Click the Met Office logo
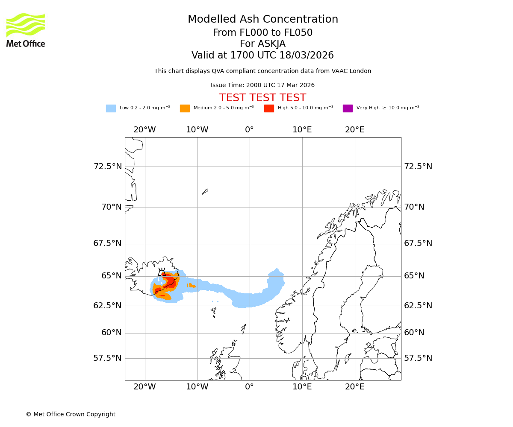point(26,30)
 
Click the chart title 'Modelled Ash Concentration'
point(263,19)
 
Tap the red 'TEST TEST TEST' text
point(262,98)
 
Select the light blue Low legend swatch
point(111,108)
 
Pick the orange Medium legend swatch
point(185,108)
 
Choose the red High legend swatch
point(269,108)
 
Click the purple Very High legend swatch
point(348,108)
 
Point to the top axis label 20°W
point(144,130)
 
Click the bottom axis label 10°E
point(302,387)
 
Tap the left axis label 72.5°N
point(108,167)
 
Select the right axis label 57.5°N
point(418,358)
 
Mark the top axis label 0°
point(250,130)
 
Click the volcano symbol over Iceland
point(162,272)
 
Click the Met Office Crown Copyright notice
point(71,414)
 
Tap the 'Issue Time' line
point(262,85)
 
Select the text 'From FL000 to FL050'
point(262,33)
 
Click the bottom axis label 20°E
point(355,387)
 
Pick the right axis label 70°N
point(414,207)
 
